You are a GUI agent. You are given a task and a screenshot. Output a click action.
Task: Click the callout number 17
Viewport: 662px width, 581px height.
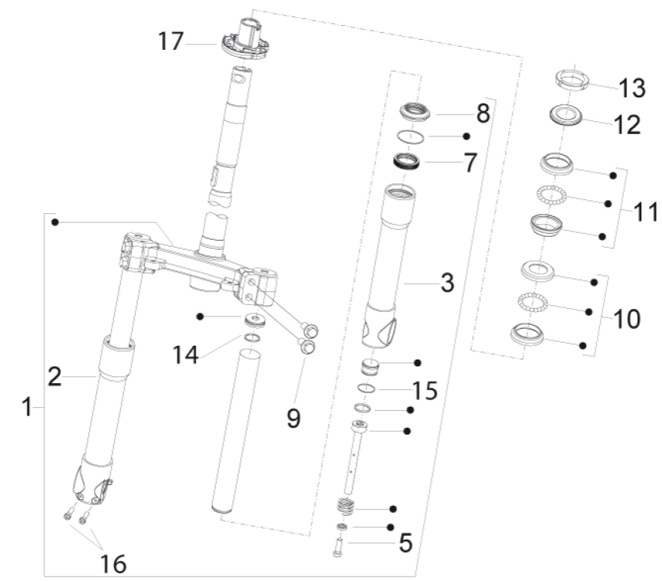click(172, 41)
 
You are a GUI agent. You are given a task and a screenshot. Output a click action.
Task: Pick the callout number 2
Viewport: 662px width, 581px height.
click(54, 376)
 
